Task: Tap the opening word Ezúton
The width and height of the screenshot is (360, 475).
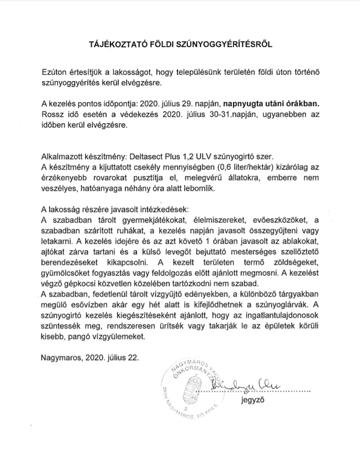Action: point(56,73)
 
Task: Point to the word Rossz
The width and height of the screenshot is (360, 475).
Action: point(53,114)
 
